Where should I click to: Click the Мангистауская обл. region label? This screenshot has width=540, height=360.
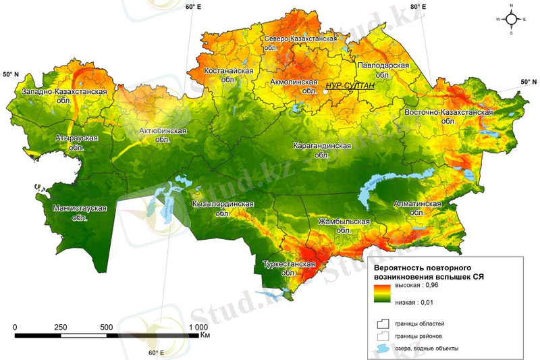80,212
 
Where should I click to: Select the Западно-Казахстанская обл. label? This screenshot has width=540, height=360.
65,95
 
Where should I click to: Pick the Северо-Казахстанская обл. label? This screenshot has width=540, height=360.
300,44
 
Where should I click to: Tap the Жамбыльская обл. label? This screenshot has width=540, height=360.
344,226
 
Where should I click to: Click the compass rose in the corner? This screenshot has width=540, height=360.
511,18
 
